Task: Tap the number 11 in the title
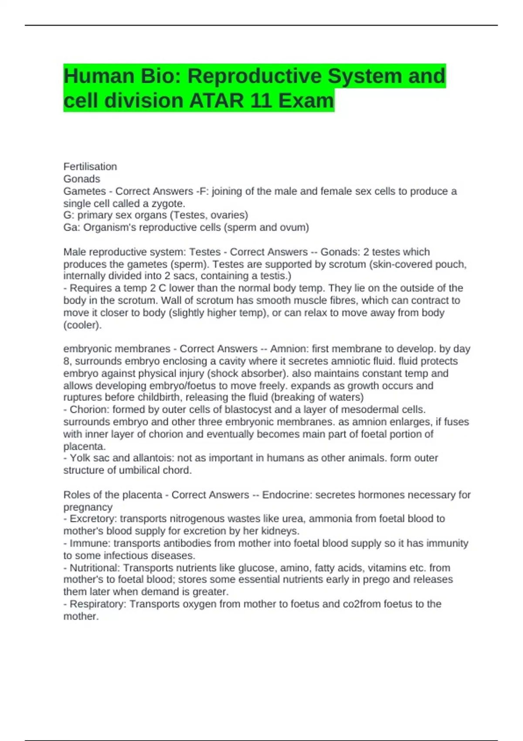tap(261, 101)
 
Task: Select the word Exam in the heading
tap(306, 101)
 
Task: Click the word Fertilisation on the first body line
tap(90, 167)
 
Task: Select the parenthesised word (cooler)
tap(82, 325)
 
